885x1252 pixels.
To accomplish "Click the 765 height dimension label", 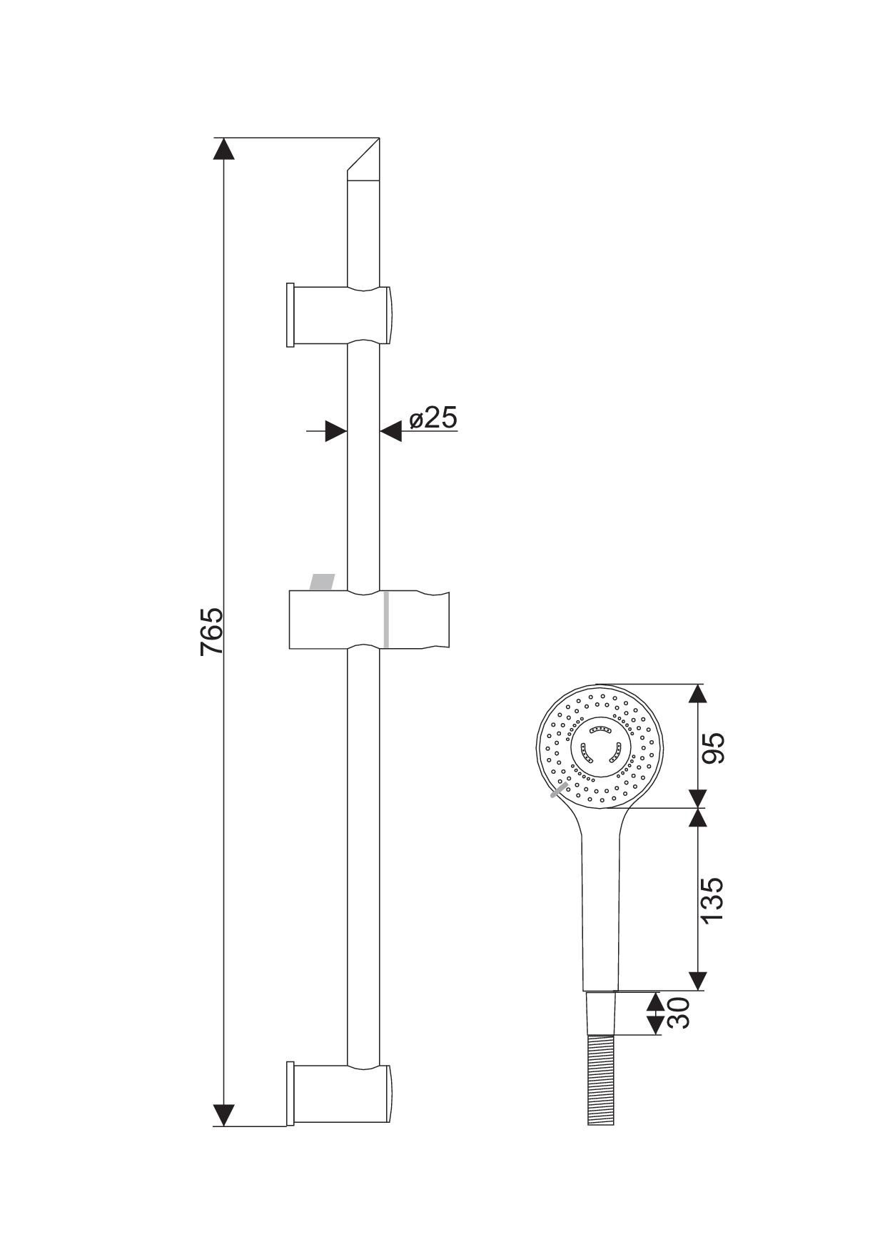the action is (x=212, y=631).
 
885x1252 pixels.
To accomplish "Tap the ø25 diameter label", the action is (x=433, y=418).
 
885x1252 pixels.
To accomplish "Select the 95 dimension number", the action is (x=712, y=747).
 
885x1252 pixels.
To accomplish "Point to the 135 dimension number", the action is (x=712, y=900).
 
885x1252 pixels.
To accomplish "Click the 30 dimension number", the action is (x=679, y=1012).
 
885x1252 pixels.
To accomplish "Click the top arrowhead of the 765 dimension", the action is (x=223, y=148).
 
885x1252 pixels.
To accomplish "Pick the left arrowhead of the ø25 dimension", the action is (x=336, y=430).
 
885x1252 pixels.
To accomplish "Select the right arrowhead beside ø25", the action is (x=390, y=430).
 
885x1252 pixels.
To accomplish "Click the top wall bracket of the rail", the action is (x=338, y=315).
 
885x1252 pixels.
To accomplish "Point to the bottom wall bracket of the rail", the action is (x=338, y=1095).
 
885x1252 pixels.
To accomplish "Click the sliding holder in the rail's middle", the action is (x=369, y=620).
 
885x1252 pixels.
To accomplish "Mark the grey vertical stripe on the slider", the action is (x=386, y=620).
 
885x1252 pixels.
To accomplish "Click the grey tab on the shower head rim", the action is (x=560, y=789).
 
